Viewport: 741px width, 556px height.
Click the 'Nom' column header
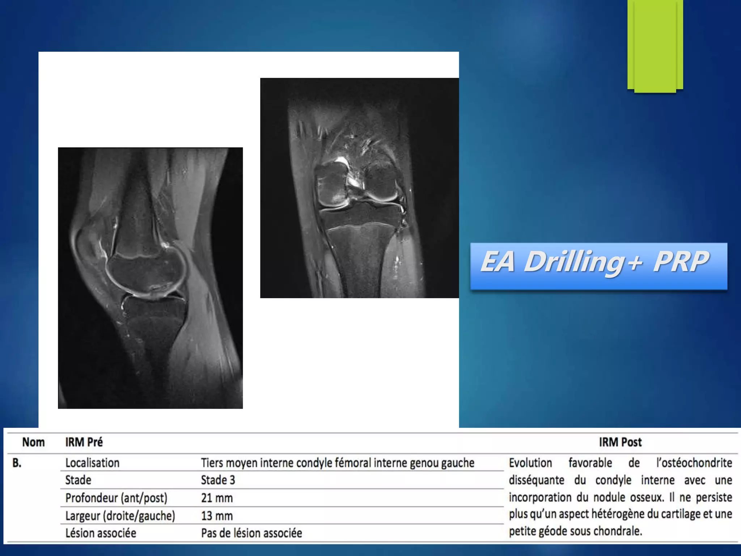[33, 442]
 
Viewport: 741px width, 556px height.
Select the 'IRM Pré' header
[84, 442]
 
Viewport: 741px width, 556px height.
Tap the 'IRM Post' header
[620, 442]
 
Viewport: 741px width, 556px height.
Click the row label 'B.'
[17, 463]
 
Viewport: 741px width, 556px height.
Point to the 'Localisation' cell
[92, 463]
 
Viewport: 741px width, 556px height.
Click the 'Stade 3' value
[218, 480]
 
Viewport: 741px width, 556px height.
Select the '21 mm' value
[217, 498]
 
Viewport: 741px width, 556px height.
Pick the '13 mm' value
[217, 515]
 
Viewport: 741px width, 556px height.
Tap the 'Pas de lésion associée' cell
[251, 533]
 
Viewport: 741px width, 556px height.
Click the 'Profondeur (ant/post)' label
[116, 498]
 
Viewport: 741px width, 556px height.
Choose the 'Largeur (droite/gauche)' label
[120, 516]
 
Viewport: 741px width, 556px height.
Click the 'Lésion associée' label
[101, 533]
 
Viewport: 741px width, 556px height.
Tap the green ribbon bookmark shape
[655, 45]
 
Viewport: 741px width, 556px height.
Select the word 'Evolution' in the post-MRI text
[530, 463]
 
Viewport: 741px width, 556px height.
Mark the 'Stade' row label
[78, 480]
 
